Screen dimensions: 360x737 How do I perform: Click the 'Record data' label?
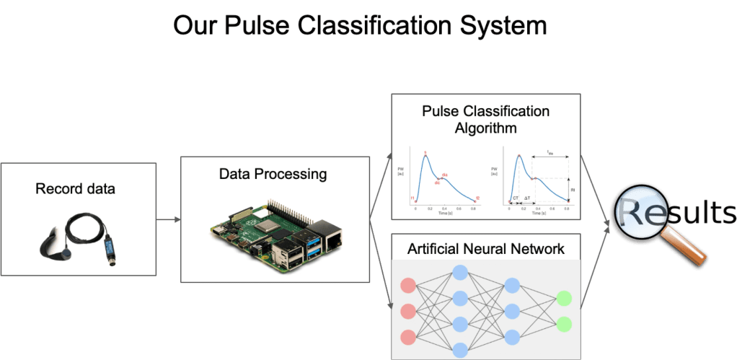77,190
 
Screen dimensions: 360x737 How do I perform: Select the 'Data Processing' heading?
273,174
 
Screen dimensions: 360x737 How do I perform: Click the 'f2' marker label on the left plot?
477,198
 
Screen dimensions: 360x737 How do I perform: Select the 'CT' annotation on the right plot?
516,197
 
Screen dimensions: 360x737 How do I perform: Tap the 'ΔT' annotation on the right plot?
528,197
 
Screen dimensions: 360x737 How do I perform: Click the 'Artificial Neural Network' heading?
486,250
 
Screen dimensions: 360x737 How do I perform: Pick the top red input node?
408,284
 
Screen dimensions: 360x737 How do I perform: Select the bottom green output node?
564,323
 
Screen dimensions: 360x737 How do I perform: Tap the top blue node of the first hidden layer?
460,272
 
